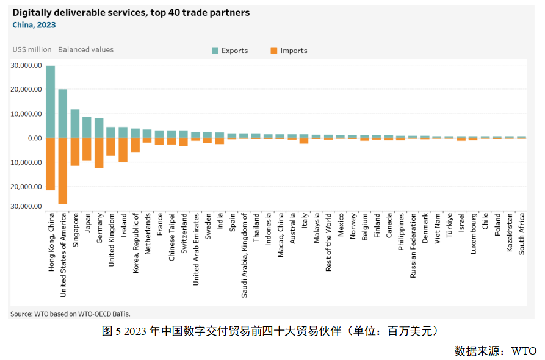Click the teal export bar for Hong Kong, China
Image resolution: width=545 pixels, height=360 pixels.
51,102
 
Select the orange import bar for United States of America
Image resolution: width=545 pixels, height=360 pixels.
63,171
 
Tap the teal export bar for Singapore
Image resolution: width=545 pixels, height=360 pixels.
75,124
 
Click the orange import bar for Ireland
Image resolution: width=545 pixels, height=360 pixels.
123,149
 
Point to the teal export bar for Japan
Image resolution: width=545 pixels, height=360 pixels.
87,128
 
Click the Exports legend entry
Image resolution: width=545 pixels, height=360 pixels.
229,51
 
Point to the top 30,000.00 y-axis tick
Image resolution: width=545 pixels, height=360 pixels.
26,65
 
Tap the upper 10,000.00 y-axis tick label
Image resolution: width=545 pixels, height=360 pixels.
26,114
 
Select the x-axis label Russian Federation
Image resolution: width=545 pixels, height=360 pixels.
413,245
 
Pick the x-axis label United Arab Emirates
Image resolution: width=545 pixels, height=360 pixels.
196,249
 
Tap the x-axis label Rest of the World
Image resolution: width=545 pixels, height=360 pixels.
328,242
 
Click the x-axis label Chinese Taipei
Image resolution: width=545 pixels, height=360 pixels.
171,237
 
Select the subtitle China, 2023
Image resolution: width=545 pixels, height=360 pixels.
34,25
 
